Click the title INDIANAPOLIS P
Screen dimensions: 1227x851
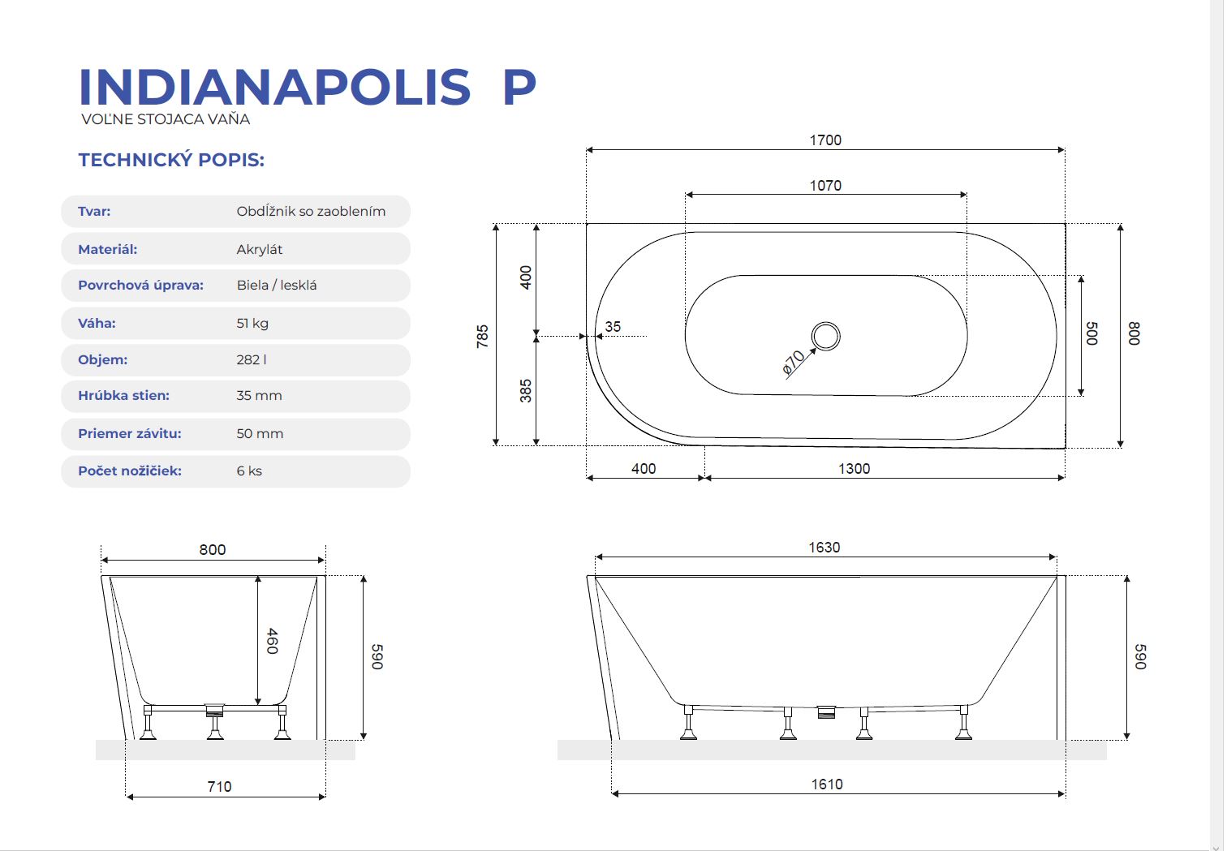click(x=308, y=87)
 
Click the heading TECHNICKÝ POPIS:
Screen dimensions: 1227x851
click(x=171, y=160)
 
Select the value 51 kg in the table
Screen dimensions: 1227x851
click(x=252, y=323)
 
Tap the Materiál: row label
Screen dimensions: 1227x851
click(x=107, y=249)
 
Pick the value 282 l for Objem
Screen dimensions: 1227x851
click(x=252, y=359)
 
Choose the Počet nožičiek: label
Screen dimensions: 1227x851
click(x=129, y=471)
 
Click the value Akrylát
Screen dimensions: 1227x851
click(x=259, y=250)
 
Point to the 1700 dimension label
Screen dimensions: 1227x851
click(x=825, y=140)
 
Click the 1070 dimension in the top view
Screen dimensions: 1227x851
click(x=825, y=186)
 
